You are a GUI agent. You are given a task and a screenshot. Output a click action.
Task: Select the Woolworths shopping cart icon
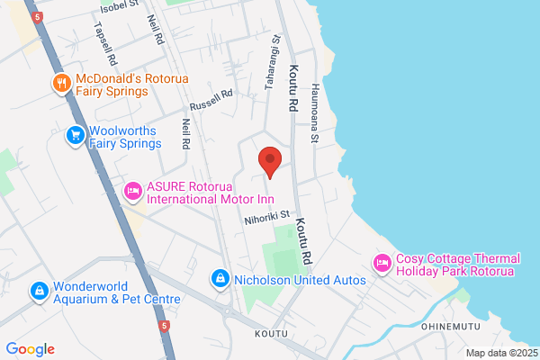click(76, 134)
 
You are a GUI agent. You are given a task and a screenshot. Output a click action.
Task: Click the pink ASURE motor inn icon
click(133, 190)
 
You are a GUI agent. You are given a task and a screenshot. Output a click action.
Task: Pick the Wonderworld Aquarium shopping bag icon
click(39, 292)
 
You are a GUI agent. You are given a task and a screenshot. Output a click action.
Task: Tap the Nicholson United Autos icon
click(220, 280)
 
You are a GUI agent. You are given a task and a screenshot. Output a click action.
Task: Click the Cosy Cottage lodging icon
click(381, 263)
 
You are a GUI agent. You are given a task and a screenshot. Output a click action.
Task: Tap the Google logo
click(30, 349)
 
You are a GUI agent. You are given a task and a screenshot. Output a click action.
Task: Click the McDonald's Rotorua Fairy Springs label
click(112, 85)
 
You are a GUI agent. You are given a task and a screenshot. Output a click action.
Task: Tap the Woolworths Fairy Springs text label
click(125, 136)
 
